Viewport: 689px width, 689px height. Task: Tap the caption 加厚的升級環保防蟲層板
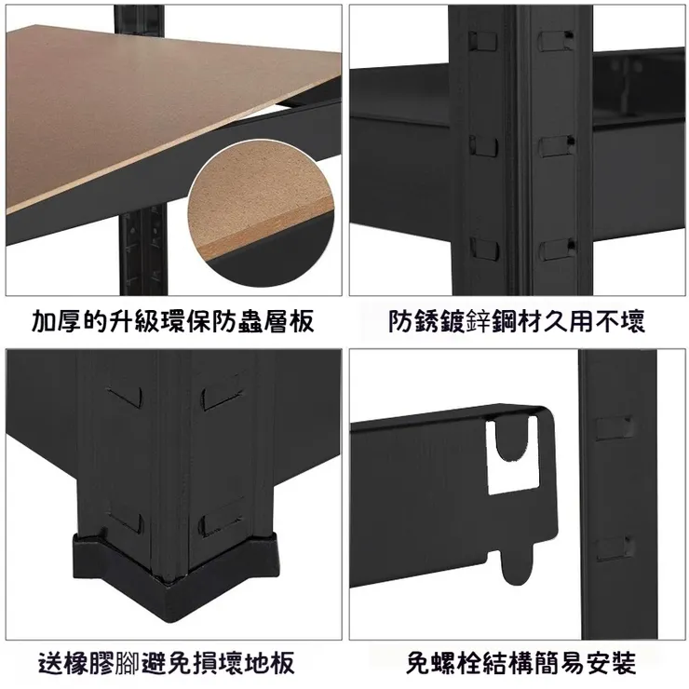173,321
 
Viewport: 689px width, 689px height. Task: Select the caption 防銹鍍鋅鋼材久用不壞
517,321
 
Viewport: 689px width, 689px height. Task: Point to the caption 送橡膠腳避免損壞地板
167,663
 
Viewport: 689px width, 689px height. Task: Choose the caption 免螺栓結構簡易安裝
520,663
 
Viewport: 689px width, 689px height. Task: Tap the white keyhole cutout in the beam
512,454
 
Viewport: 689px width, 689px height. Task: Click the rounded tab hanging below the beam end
517,564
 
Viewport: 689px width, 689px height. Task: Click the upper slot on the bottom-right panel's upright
615,428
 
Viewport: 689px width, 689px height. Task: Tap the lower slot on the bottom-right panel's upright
615,548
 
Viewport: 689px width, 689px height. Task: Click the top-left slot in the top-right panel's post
483,41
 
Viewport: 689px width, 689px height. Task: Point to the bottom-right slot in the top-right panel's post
557,250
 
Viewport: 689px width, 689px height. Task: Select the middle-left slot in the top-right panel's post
484,146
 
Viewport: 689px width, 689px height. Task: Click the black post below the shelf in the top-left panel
143,250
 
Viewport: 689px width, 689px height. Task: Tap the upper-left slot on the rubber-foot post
126,397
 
